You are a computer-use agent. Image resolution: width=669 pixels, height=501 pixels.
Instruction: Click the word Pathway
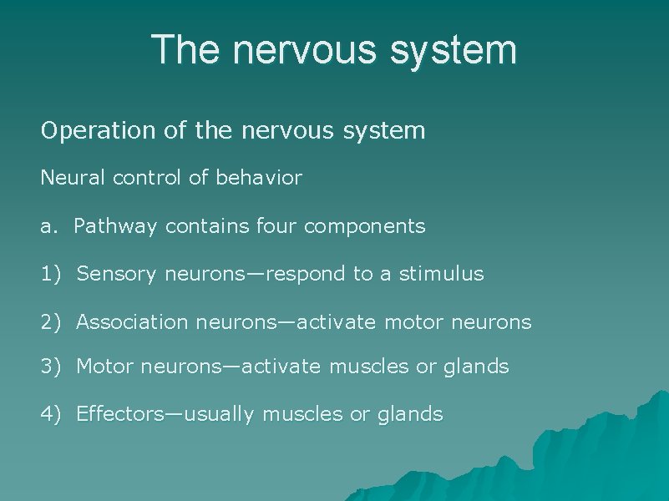click(114, 226)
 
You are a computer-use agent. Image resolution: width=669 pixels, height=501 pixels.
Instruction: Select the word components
click(369, 227)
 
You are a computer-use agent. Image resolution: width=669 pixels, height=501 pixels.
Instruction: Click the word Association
click(134, 322)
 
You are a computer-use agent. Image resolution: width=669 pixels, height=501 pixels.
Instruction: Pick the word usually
click(223, 414)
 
